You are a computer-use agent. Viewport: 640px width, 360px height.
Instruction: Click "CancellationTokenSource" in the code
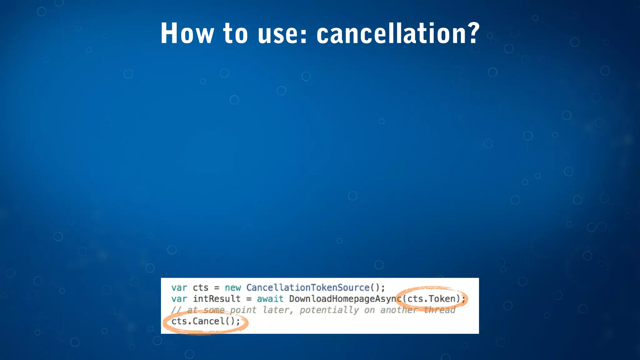(x=308, y=287)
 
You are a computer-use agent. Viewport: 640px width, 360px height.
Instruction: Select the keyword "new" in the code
(x=233, y=287)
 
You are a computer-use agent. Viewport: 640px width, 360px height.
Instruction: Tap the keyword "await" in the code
(x=270, y=299)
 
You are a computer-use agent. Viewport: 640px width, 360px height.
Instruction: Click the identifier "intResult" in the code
(x=217, y=299)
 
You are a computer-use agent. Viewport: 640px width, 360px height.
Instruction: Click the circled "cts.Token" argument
(x=431, y=299)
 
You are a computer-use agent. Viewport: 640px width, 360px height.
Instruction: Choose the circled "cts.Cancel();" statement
(x=206, y=321)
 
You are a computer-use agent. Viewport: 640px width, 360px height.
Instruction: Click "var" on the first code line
(x=179, y=287)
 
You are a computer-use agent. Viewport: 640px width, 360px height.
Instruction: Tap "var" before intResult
(x=179, y=299)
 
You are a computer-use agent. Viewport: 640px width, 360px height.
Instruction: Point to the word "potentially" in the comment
(x=329, y=310)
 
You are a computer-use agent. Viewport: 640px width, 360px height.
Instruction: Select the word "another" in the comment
(x=399, y=310)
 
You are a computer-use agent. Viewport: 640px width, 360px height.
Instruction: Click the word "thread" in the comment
(x=439, y=310)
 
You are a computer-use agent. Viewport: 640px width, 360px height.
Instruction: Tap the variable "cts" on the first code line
(x=200, y=287)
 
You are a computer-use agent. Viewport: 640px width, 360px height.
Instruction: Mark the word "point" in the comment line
(x=243, y=310)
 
